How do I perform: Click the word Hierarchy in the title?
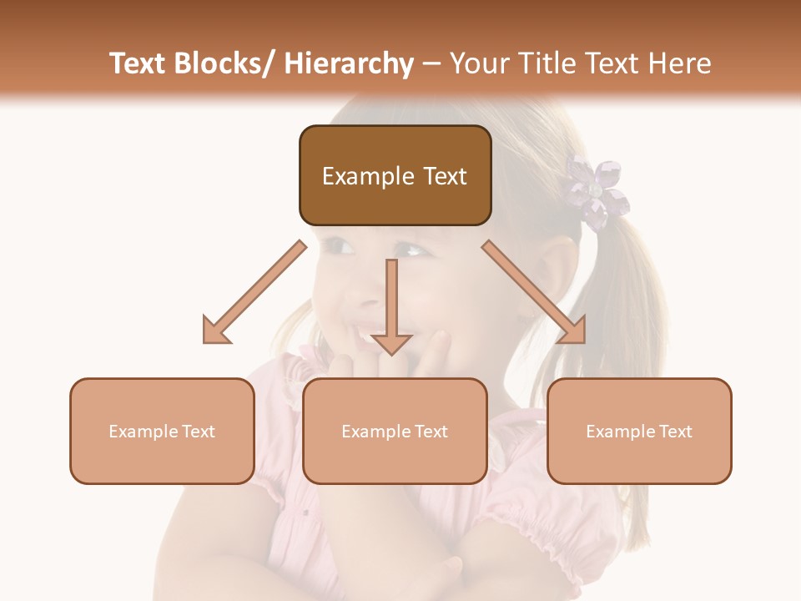(348, 63)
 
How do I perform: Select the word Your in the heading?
(477, 63)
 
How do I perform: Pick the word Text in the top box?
(444, 176)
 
